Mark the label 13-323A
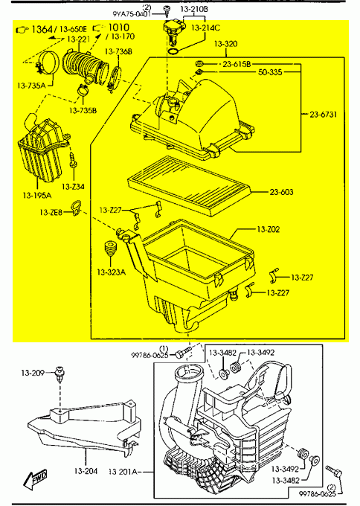click(x=111, y=272)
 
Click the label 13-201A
click(x=127, y=472)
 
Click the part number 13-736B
click(x=118, y=51)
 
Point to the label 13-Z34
click(x=73, y=186)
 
